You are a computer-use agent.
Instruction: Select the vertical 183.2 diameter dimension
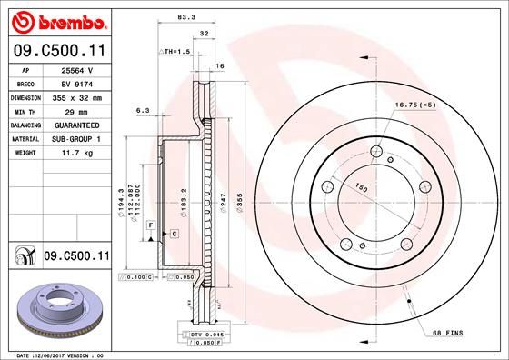(x=185, y=197)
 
